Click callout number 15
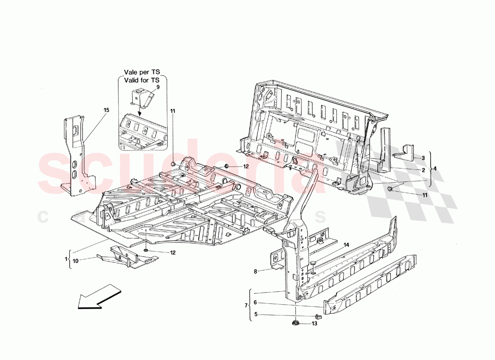click(106, 110)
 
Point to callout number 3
click(423, 158)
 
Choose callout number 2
click(423, 171)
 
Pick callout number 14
click(346, 245)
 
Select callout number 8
click(256, 271)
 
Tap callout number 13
click(315, 323)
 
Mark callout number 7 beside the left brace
click(246, 306)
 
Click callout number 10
click(76, 261)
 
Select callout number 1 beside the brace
click(66, 259)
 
